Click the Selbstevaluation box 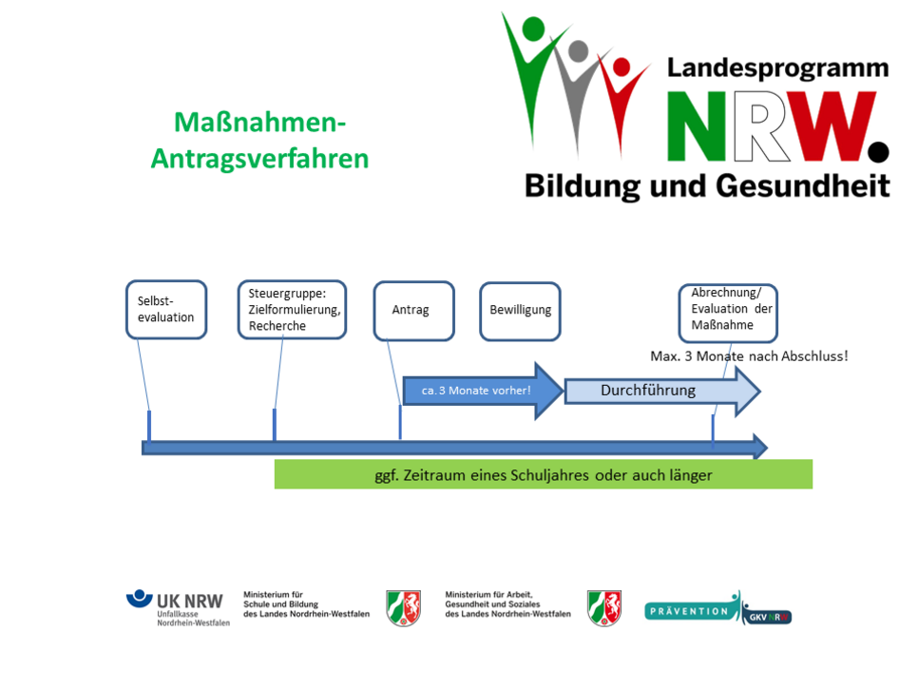[166, 310]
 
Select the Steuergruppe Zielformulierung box [292, 310]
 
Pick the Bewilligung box [520, 310]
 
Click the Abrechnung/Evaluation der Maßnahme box [728, 312]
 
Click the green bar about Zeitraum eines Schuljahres [543, 474]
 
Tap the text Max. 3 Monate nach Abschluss [748, 357]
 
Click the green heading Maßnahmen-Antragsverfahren [259, 140]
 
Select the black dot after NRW [878, 150]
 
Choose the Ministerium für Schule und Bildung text [306, 604]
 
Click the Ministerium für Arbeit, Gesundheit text [507, 604]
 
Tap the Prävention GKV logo [717, 609]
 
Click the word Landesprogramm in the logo [776, 67]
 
